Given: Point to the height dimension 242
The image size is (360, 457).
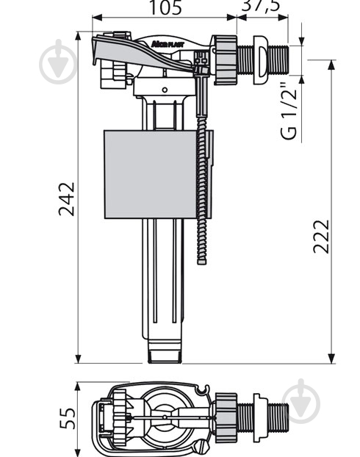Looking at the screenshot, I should click(x=67, y=198).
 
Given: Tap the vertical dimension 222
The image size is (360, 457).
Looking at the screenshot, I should click(x=320, y=235).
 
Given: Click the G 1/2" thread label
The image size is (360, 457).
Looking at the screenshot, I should click(x=289, y=114).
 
